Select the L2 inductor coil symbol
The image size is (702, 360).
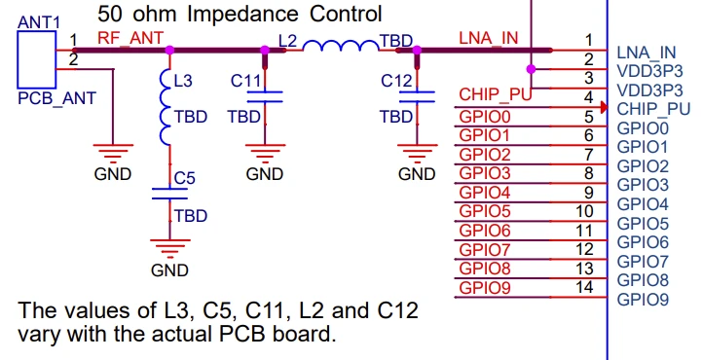[x=341, y=45]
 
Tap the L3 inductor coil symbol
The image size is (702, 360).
[x=166, y=107]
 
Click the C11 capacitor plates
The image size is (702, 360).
[x=265, y=96]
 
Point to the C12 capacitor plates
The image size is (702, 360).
[x=417, y=96]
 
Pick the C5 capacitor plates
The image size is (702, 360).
[x=169, y=194]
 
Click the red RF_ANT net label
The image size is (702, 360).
[x=130, y=39]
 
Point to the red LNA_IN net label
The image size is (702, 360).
[x=489, y=39]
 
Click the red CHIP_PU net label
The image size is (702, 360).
[x=496, y=94]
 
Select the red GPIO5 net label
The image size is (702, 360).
[x=485, y=211]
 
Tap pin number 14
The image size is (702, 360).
[x=585, y=287]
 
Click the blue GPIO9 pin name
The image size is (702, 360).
[x=643, y=299]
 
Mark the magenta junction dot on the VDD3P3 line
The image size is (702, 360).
[x=531, y=69]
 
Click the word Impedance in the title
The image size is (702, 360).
[x=242, y=15]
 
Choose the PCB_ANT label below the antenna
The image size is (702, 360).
[x=56, y=98]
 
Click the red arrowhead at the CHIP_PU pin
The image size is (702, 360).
[x=604, y=107]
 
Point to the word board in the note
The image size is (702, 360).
[x=307, y=333]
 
